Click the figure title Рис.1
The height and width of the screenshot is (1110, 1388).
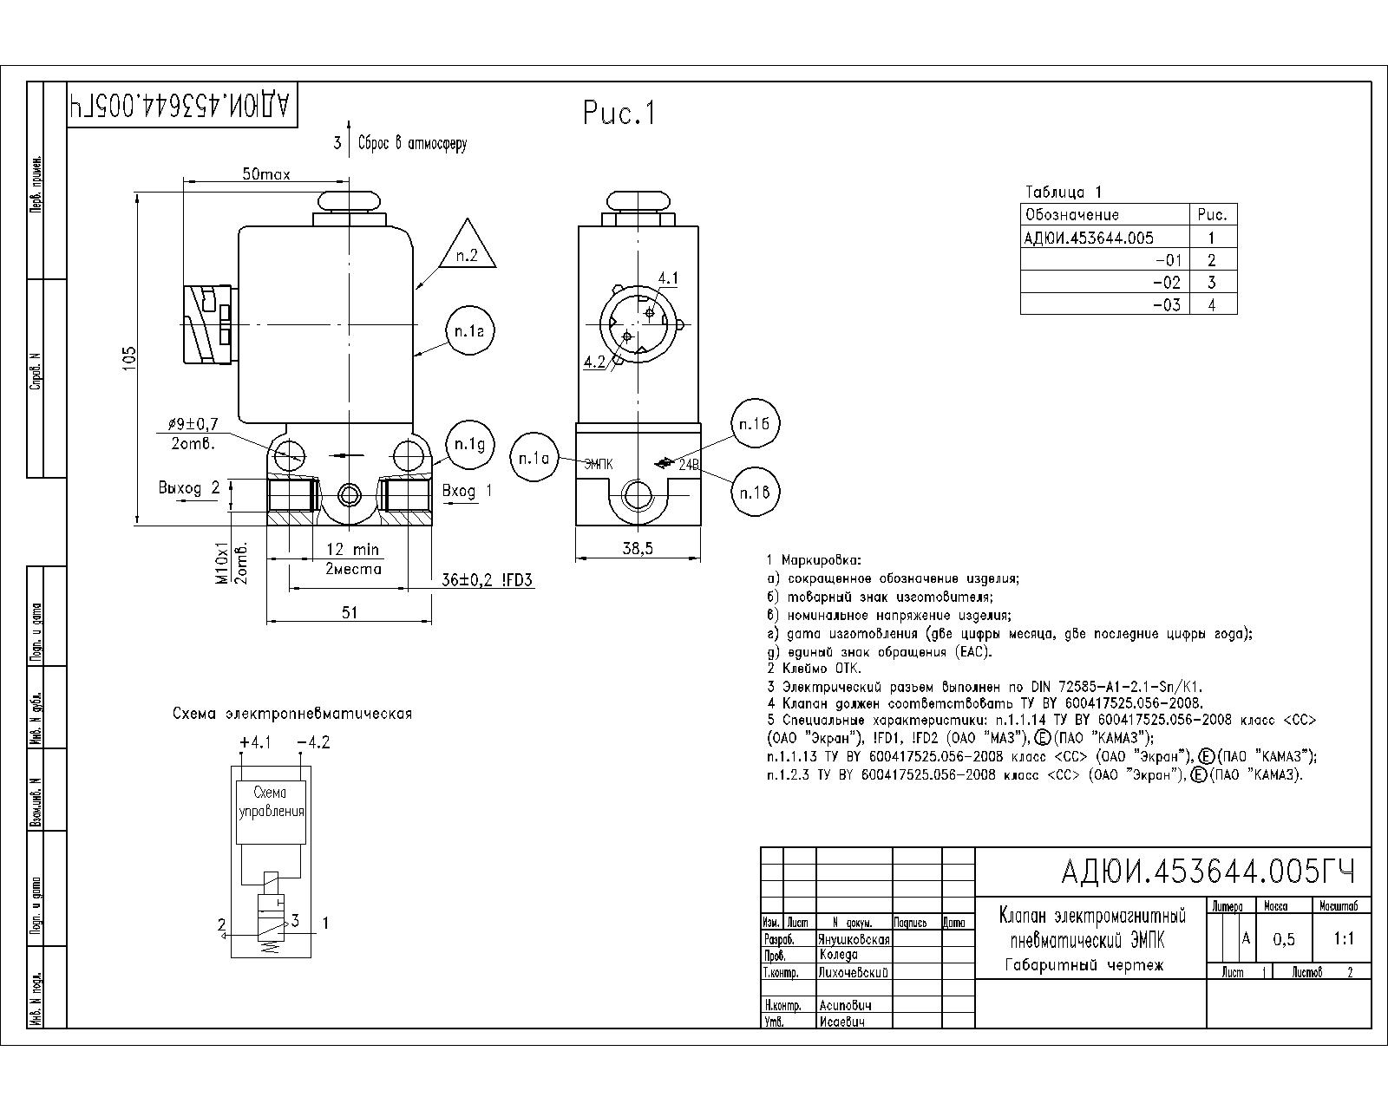619,113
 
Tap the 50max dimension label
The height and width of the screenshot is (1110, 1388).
266,174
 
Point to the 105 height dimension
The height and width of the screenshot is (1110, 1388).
130,359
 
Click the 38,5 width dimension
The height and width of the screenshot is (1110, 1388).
638,548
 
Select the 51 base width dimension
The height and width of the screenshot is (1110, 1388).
349,612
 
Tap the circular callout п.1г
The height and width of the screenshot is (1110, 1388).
469,331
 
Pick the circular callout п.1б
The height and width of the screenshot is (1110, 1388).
755,424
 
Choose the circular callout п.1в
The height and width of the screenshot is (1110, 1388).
755,493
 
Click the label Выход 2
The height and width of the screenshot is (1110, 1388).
189,488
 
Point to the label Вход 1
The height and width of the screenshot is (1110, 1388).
467,491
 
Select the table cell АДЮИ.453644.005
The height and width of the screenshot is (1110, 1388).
1089,238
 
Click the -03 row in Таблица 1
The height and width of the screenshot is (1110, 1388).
1129,304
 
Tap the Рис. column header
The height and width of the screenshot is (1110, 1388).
1213,214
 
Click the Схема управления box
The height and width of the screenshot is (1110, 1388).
271,812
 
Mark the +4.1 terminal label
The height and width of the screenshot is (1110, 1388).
255,743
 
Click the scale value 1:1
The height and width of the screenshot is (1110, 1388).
1344,939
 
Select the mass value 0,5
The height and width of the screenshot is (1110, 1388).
1284,940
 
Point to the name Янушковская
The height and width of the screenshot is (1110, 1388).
854,940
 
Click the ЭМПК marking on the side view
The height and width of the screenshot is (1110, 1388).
599,464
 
